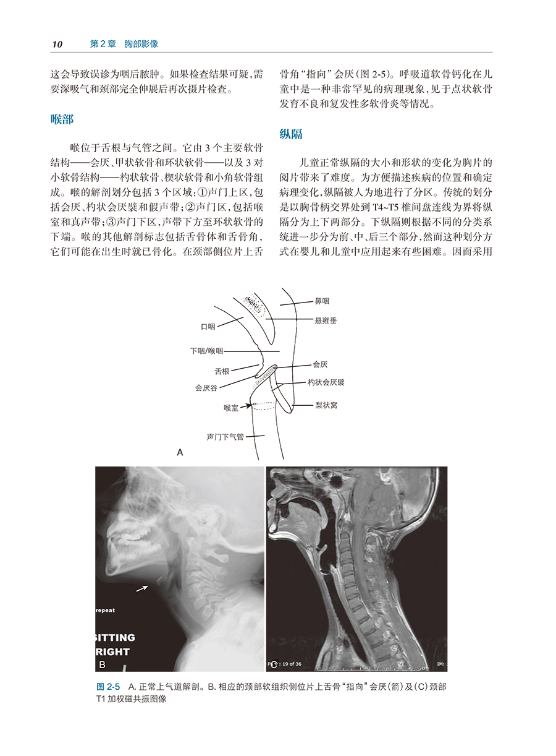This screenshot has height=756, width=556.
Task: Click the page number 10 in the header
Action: [57, 44]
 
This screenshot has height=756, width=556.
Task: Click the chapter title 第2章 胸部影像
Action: [124, 44]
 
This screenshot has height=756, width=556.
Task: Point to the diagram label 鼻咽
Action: [322, 301]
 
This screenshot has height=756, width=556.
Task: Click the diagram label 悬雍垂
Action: [326, 320]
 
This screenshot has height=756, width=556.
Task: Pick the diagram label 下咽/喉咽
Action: [206, 350]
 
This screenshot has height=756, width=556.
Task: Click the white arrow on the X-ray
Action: [142, 588]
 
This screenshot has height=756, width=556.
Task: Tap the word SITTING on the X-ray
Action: [114, 637]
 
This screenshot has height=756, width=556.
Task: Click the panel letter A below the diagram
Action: [180, 453]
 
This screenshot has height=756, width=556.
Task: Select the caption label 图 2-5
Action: [108, 687]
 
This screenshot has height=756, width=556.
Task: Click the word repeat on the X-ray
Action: [105, 610]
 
